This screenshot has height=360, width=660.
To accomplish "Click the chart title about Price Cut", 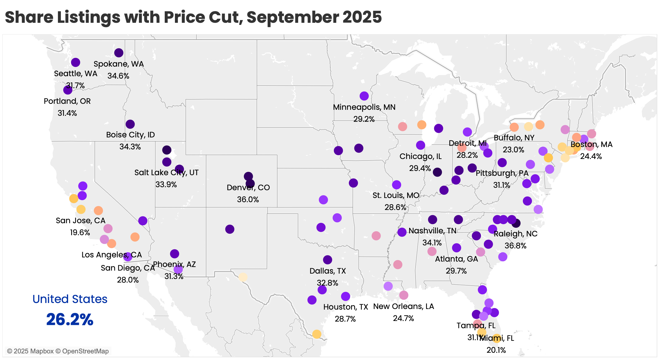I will (x=193, y=17).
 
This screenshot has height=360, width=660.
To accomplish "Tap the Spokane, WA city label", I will (x=118, y=64).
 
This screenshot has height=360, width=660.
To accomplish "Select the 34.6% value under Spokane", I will (x=118, y=76).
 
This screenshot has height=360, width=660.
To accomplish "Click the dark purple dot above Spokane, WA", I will (x=119, y=53).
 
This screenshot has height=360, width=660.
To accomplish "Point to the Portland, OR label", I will (x=67, y=101).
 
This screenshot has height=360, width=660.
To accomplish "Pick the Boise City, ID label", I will (x=130, y=135).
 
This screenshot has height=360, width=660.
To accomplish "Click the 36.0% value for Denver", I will (x=248, y=199).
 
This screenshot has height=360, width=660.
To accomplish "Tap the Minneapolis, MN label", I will (x=364, y=107).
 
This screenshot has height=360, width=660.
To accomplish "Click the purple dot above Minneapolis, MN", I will (x=364, y=96).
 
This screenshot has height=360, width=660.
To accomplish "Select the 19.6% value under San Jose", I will (x=80, y=232).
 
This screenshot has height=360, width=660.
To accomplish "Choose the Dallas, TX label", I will (x=328, y=271).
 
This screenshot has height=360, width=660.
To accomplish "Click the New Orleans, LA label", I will (x=403, y=306).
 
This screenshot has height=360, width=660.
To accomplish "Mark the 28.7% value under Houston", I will (x=345, y=319).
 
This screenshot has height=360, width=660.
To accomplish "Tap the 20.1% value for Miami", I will (x=496, y=350).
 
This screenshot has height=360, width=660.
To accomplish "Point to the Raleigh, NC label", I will (x=515, y=234).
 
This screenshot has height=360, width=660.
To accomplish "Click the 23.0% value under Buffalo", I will (x=513, y=150).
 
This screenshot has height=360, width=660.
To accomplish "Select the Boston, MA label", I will (x=591, y=144).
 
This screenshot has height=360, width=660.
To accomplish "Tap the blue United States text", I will (x=70, y=299).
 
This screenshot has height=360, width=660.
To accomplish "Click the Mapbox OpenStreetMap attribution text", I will (x=58, y=351).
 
